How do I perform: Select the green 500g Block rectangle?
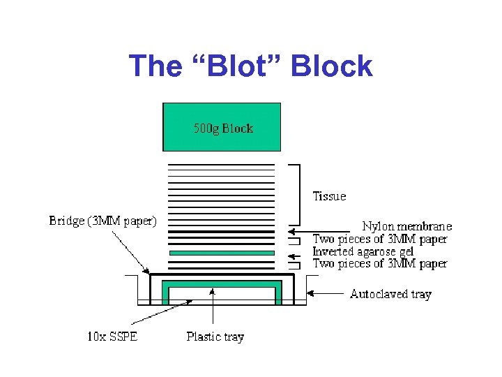click(x=222, y=127)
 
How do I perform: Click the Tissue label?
click(x=329, y=196)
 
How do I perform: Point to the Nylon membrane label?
click(x=406, y=226)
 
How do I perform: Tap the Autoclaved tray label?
click(x=390, y=294)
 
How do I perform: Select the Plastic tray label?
click(x=215, y=337)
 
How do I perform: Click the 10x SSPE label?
click(x=112, y=337)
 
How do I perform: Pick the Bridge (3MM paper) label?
click(x=102, y=221)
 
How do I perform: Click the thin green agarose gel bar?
click(x=222, y=253)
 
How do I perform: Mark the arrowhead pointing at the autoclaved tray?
click(x=312, y=293)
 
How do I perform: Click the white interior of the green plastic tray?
click(x=222, y=294)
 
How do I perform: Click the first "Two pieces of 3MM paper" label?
click(x=379, y=239)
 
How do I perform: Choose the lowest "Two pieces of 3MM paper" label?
click(x=379, y=264)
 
